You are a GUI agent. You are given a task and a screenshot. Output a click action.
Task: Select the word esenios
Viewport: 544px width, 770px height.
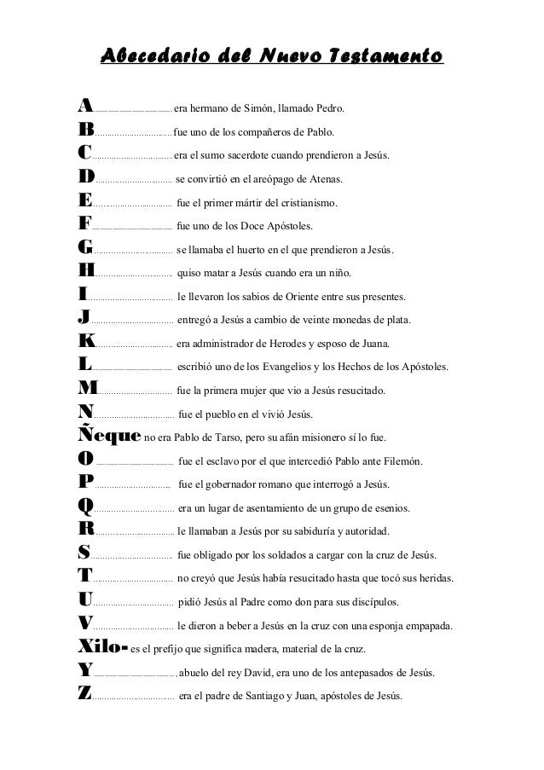pyautogui.click(x=389, y=509)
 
